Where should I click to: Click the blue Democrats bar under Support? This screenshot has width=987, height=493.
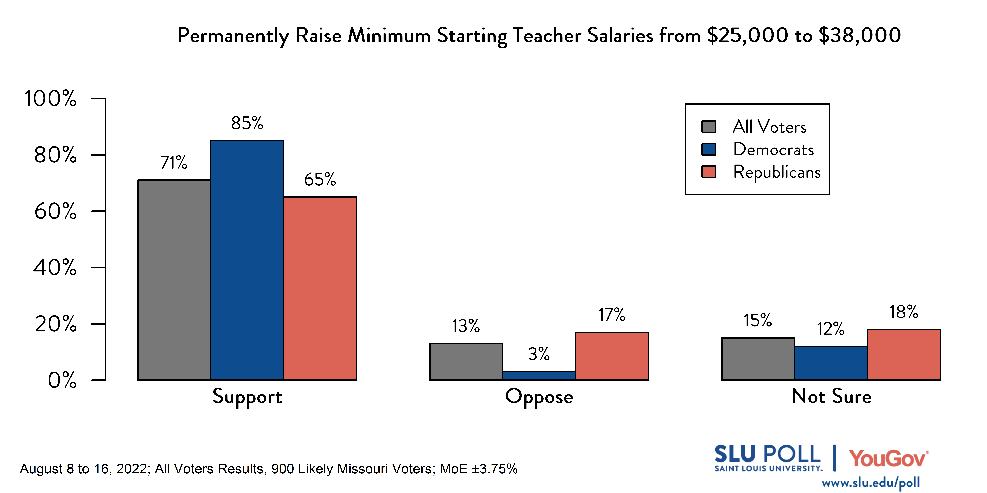pos(247,260)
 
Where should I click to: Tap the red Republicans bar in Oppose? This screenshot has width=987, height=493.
pos(612,356)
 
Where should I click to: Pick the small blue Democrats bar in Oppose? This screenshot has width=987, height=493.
pos(539,376)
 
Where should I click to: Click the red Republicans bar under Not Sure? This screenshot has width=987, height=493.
pos(904,354)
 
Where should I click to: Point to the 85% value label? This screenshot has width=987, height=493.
pos(247,123)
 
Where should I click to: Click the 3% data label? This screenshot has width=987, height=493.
pos(539,354)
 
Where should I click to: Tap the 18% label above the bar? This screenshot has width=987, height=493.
pos(903,312)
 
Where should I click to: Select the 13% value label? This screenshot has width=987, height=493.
pos(466,326)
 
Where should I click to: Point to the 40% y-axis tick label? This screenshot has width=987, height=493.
pos(55,268)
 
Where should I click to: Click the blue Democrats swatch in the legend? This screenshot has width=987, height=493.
pos(708,149)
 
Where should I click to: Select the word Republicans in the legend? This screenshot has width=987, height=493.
pos(777,172)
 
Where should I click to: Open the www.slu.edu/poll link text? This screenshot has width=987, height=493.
pos(871,483)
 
